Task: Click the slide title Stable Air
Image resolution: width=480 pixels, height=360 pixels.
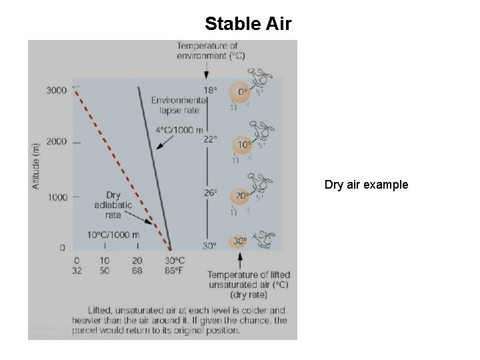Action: click(248, 24)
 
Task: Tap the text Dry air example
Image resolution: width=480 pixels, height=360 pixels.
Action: click(367, 185)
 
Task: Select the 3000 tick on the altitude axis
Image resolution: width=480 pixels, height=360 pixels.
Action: click(57, 91)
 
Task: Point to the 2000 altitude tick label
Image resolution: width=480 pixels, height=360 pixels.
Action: click(57, 142)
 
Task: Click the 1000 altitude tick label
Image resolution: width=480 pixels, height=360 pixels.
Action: click(57, 197)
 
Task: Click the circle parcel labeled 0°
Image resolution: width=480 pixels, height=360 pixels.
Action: click(240, 92)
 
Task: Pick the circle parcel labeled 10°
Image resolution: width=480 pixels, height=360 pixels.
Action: click(243, 144)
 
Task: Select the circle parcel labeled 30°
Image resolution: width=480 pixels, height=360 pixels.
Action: click(239, 241)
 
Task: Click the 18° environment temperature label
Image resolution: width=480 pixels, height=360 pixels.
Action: click(210, 90)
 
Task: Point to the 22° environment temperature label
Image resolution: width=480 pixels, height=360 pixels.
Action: click(210, 139)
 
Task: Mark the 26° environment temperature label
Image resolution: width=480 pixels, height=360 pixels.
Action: click(210, 193)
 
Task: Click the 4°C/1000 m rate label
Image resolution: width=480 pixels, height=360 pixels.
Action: click(179, 130)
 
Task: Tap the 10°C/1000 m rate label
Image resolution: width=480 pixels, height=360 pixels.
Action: click(113, 235)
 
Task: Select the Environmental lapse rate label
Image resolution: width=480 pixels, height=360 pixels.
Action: click(179, 105)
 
